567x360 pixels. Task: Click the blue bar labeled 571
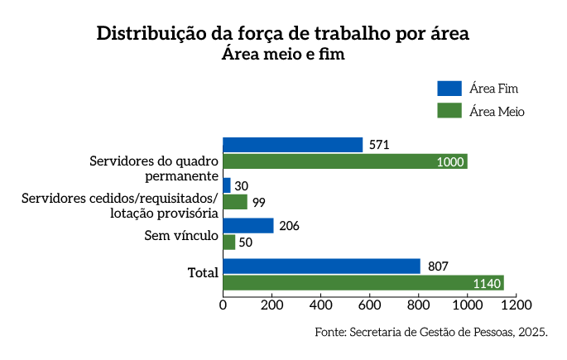coord(293,145)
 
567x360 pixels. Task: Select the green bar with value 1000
coord(345,161)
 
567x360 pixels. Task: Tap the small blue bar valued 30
coord(227,185)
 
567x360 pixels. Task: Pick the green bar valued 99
coord(235,202)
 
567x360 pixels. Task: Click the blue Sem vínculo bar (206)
coord(248,226)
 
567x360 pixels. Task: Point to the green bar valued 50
coord(229,242)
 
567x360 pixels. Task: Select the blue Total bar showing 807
coord(322,266)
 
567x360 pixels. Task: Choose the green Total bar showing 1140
coord(363,283)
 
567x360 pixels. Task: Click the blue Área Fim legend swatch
coord(449,89)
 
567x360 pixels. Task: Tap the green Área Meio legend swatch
coord(449,110)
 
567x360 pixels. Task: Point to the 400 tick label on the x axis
coord(321,305)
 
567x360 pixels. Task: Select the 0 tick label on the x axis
coord(223,305)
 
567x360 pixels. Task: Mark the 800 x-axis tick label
coord(419,305)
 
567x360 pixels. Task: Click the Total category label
coord(204,272)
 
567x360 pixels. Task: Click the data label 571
coord(379,145)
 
